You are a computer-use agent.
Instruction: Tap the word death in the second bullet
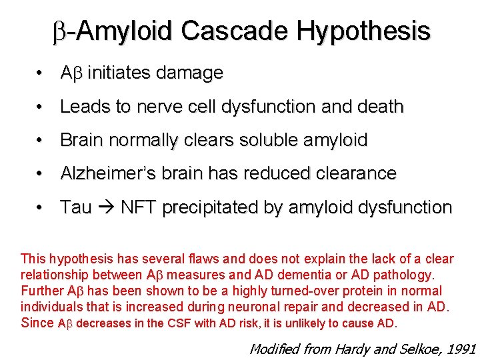379,107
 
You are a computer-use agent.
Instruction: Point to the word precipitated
210,207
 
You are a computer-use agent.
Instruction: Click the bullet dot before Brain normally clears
41,140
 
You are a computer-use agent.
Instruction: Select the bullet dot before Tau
41,207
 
